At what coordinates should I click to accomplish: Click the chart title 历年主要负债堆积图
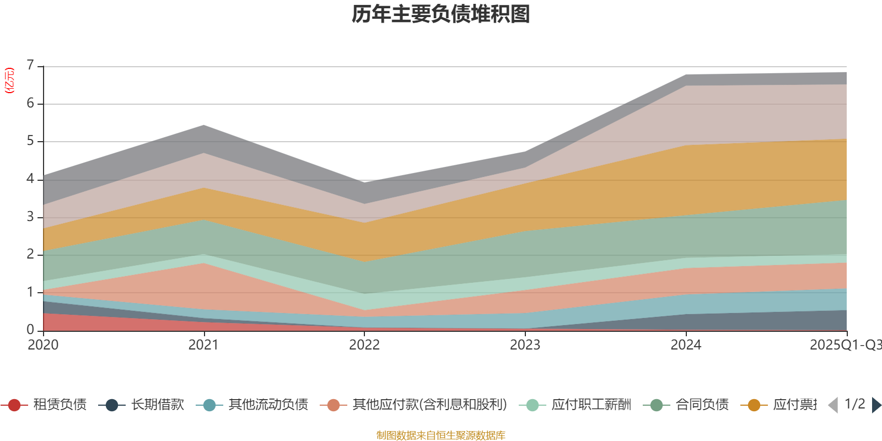(441, 15)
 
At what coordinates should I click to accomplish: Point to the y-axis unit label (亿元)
(9, 80)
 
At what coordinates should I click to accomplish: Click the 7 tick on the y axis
(30, 66)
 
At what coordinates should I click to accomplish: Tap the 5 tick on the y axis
(30, 141)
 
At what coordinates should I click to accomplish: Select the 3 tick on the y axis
(30, 217)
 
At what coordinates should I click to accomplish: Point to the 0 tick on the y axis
(30, 330)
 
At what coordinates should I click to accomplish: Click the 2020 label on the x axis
(43, 345)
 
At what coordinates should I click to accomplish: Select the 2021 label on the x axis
(203, 345)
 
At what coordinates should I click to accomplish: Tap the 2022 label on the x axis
(364, 345)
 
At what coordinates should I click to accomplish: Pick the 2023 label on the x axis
(525, 345)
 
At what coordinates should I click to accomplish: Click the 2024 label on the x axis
(686, 345)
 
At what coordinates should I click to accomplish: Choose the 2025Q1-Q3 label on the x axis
(845, 345)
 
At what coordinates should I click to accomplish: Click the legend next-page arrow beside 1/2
(876, 405)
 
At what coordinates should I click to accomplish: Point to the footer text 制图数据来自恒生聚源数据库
(441, 435)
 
